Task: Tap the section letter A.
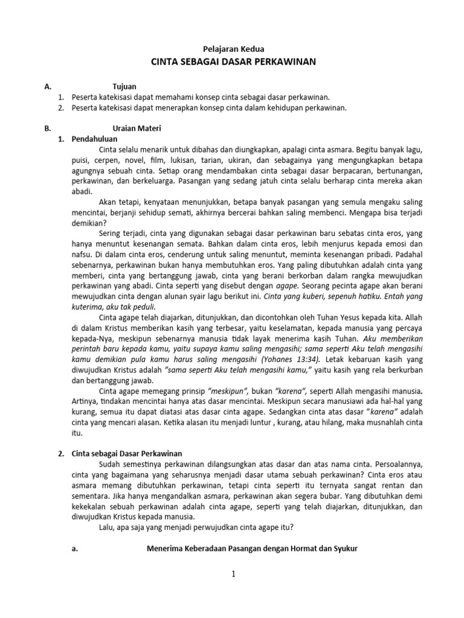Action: click(x=48, y=86)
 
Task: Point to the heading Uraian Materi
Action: click(x=137, y=128)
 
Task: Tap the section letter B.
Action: click(x=48, y=128)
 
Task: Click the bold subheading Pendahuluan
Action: click(x=96, y=139)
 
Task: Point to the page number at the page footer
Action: click(x=233, y=573)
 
